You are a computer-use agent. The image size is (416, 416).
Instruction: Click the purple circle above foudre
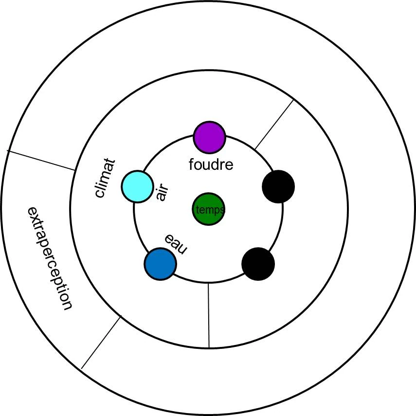click(x=210, y=137)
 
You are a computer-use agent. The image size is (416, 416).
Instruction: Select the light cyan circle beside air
click(x=138, y=186)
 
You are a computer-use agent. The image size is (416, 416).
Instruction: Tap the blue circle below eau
click(x=160, y=264)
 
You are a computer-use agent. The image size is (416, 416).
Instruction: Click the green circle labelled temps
click(x=208, y=210)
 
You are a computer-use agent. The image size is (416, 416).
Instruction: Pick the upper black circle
click(x=278, y=186)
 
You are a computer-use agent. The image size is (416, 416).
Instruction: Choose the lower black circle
click(x=258, y=264)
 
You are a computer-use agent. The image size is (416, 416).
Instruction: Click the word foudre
click(x=211, y=164)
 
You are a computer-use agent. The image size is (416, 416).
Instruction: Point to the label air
click(x=162, y=193)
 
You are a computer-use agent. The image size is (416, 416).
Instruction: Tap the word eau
click(x=176, y=244)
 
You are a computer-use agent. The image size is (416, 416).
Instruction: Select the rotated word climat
click(x=105, y=178)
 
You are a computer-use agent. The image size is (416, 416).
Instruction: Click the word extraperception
click(x=49, y=258)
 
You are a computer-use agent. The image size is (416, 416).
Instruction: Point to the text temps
click(x=210, y=210)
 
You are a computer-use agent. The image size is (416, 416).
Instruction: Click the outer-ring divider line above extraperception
click(x=41, y=160)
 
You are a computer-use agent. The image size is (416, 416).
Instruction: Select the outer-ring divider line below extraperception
click(x=101, y=343)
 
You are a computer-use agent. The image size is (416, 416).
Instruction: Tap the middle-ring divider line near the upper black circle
click(x=274, y=124)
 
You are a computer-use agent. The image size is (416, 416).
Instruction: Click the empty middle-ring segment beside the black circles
click(x=316, y=224)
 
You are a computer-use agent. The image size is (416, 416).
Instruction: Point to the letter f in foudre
click(x=191, y=164)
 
